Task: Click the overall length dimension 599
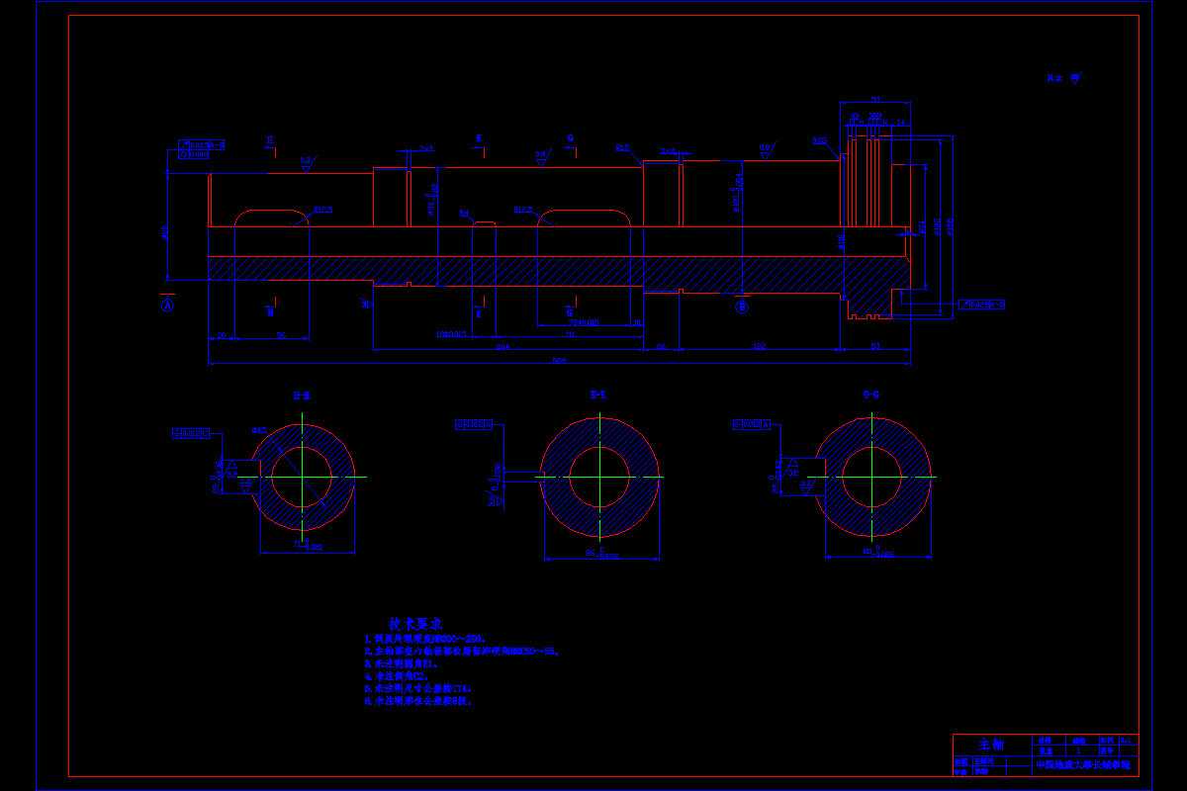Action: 559,360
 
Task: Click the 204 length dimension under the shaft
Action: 502,347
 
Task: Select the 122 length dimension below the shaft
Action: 760,347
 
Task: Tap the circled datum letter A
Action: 167,306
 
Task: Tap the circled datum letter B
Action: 742,307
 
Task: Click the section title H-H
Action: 302,395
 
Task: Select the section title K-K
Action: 598,395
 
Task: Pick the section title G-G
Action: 871,395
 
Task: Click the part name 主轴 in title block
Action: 991,744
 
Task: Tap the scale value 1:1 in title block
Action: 1126,740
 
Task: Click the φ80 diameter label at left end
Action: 166,233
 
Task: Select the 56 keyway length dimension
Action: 280,336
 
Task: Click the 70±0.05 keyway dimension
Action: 584,322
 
